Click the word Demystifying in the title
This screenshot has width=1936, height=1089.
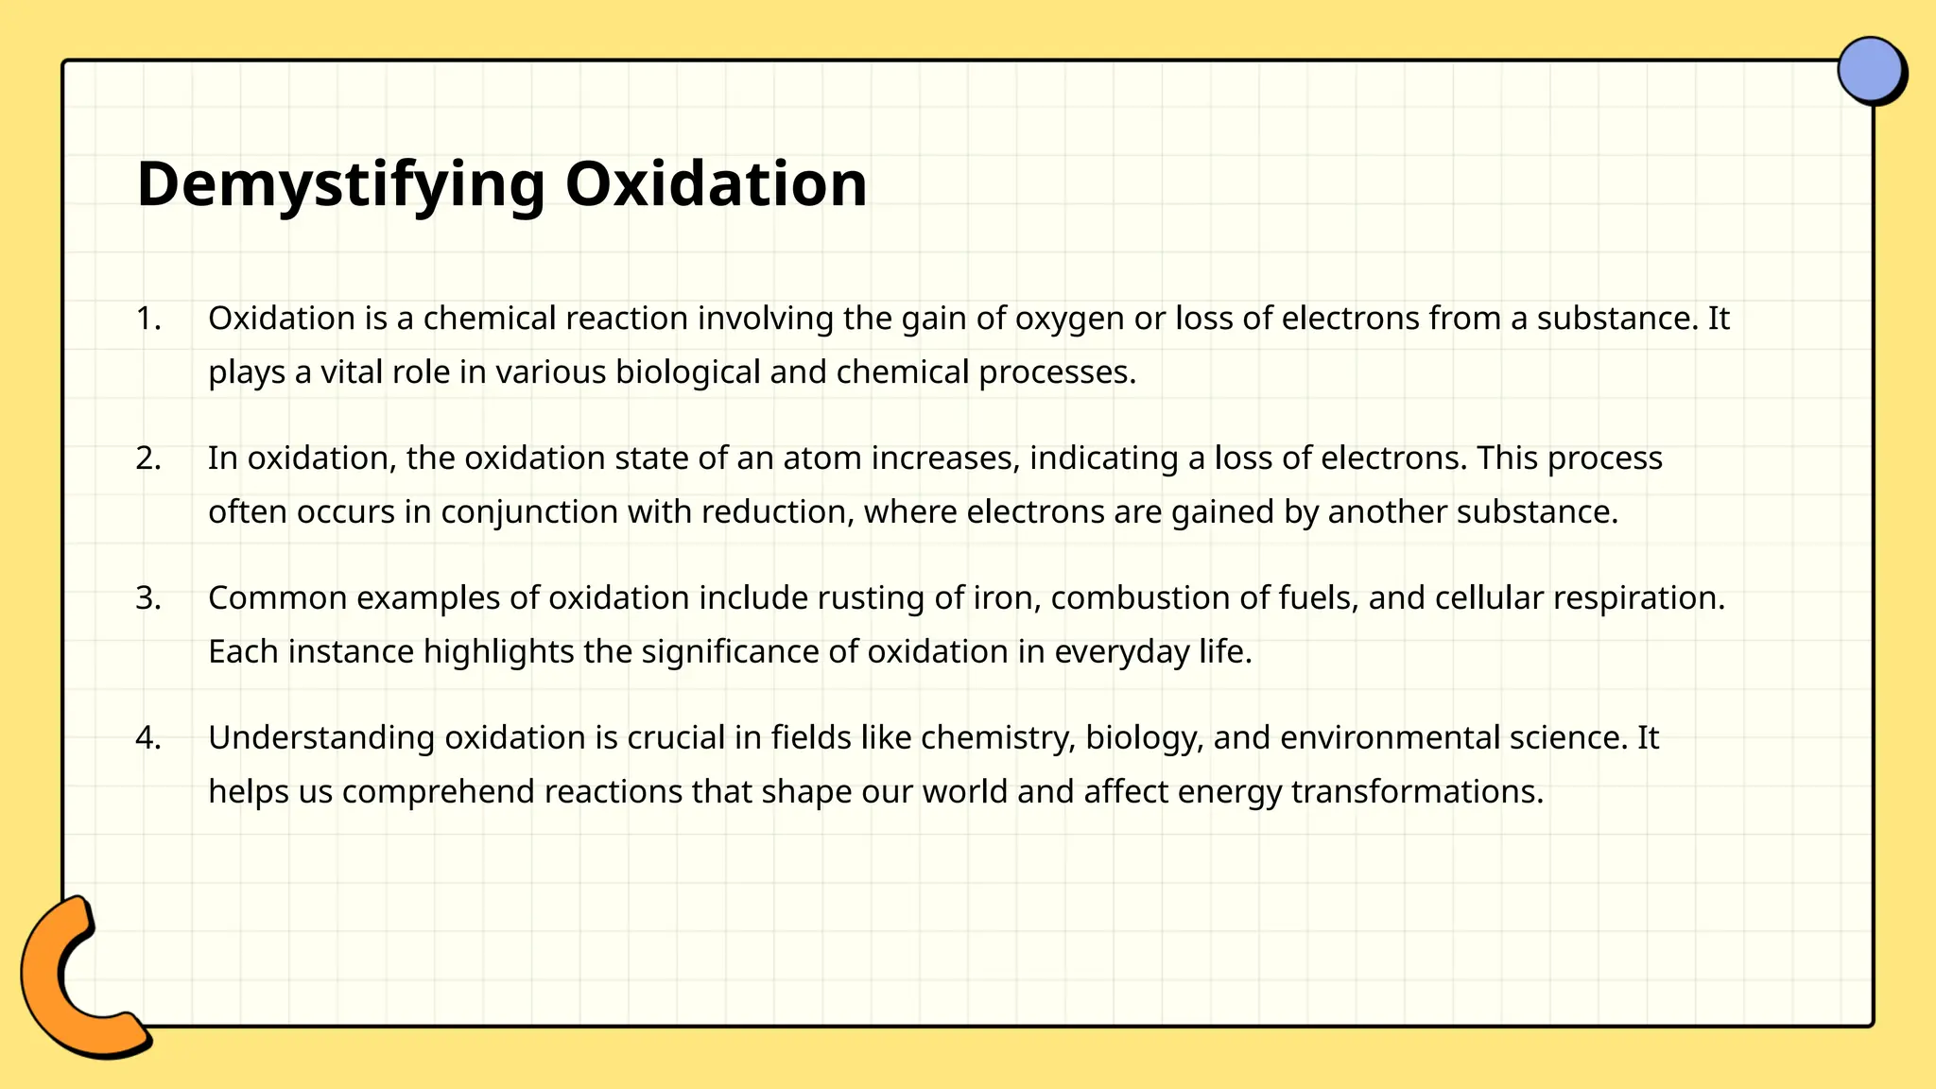point(340,184)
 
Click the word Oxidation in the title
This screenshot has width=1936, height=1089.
point(716,184)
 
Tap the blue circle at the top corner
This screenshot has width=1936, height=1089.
point(1870,69)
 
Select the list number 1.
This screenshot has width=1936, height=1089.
point(147,319)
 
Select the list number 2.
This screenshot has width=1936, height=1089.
point(147,458)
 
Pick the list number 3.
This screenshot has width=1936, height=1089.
point(147,598)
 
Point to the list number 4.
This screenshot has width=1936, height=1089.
point(147,737)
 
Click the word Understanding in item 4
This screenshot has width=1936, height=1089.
point(321,738)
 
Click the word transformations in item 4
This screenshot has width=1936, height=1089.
point(1416,791)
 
